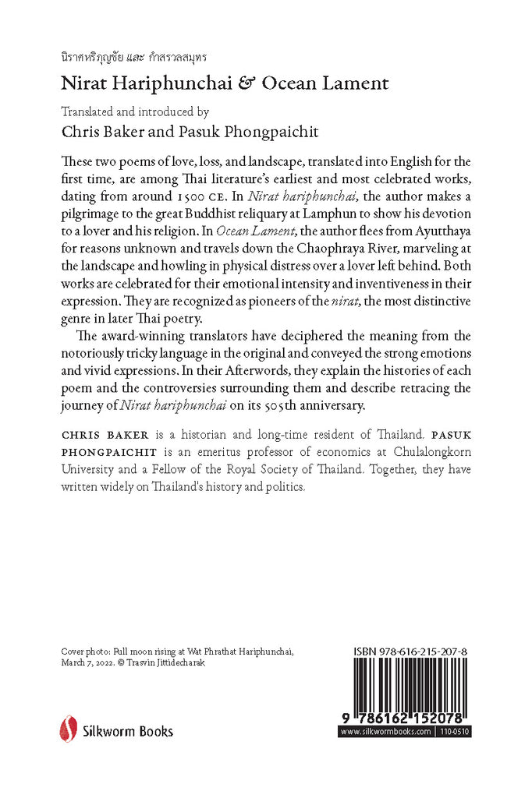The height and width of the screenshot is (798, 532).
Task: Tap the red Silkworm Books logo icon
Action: point(68,729)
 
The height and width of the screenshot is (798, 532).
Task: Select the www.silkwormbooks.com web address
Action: point(386,732)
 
